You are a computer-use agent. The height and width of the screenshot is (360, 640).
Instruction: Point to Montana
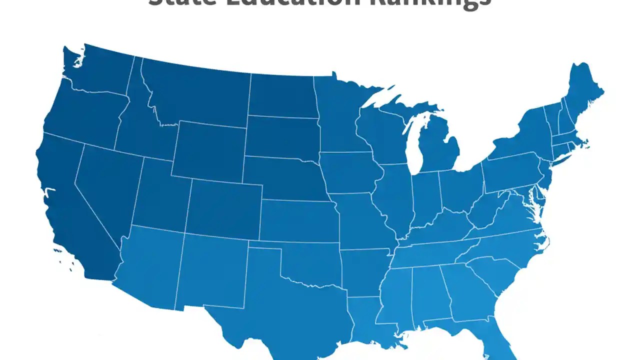tap(195, 95)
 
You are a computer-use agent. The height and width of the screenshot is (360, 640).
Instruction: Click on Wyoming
tap(210, 150)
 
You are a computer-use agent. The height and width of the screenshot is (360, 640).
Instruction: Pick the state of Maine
tap(582, 90)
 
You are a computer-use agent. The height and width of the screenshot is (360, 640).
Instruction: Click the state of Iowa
tap(350, 172)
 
